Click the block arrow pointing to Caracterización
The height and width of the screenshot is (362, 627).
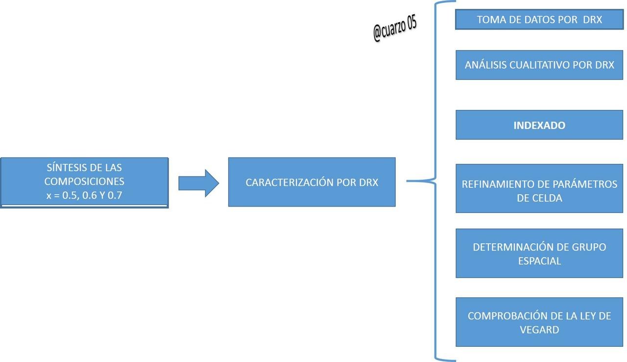pyautogui.click(x=199, y=183)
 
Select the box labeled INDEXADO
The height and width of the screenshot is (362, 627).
pyautogui.click(x=539, y=125)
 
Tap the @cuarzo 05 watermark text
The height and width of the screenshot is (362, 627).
pyautogui.click(x=395, y=28)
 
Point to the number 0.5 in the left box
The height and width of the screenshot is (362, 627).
pyautogui.click(x=69, y=195)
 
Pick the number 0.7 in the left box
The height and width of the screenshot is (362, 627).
pyautogui.click(x=115, y=195)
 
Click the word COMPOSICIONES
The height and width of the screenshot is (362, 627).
pyautogui.click(x=84, y=181)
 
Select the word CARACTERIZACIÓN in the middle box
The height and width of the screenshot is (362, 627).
pyautogui.click(x=289, y=182)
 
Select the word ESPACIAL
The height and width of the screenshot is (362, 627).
pyautogui.click(x=539, y=261)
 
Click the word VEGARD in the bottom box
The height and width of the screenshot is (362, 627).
pyautogui.click(x=539, y=330)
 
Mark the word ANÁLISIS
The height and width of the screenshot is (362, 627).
pyautogui.click(x=485, y=65)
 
